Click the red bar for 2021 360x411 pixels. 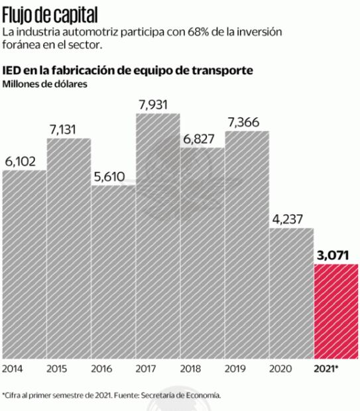[335, 310]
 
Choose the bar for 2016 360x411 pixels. [113, 271]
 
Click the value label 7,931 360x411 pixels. [158, 104]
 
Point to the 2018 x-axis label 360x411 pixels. [190, 368]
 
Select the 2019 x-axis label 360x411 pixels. [234, 368]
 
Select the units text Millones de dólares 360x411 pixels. [45, 84]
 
